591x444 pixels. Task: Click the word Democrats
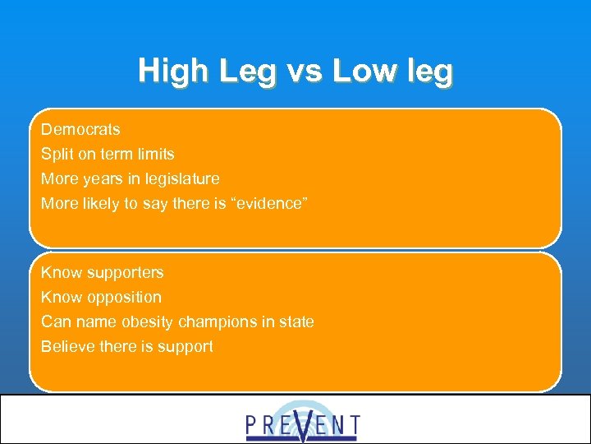point(80,130)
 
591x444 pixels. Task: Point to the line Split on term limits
point(108,154)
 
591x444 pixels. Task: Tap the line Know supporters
point(103,272)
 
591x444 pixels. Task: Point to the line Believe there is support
point(127,346)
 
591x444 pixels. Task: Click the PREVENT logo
point(302,422)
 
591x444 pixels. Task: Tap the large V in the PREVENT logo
point(303,423)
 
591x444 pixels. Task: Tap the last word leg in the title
point(428,72)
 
